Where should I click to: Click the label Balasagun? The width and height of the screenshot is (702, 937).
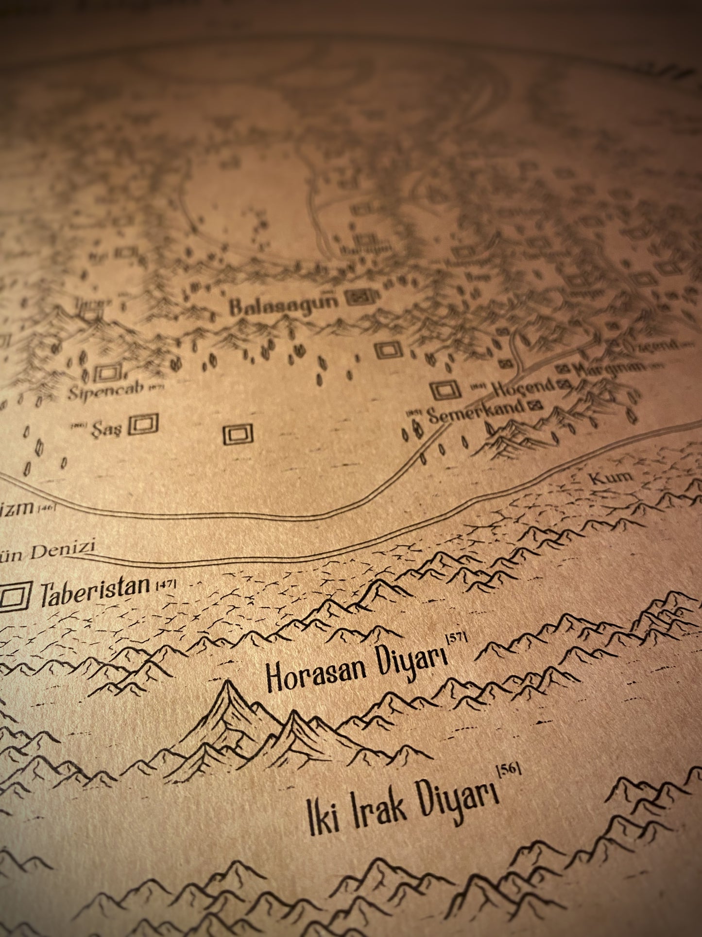click(283, 305)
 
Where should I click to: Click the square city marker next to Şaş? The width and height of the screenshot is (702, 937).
click(144, 425)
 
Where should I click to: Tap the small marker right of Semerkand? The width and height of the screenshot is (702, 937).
click(536, 404)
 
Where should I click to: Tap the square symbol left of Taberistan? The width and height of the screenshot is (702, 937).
click(14, 597)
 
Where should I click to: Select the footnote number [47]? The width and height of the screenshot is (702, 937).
click(165, 585)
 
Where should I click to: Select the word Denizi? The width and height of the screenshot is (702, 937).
click(64, 553)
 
